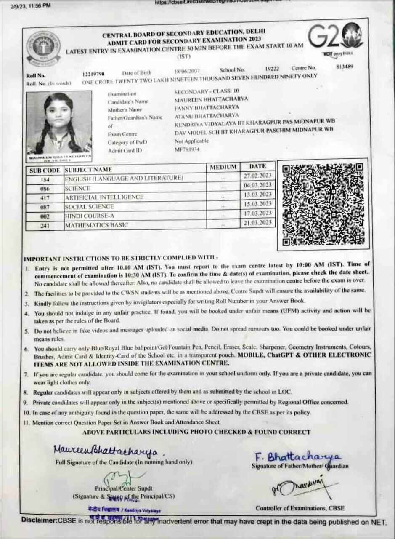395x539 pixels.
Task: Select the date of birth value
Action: [186, 72]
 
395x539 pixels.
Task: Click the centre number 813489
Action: [345, 66]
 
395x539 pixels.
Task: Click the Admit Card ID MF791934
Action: [187, 149]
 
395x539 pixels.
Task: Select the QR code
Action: [323, 204]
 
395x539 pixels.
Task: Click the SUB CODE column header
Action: [45, 171]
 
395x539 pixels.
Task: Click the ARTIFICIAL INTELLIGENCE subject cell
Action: [104, 197]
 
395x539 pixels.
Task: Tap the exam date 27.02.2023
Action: [257, 175]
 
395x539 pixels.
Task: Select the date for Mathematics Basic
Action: [257, 222]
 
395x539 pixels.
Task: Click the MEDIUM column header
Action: [223, 167]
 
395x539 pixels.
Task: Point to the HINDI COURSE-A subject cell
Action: [87, 216]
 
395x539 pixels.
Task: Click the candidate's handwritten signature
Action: [106, 451]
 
